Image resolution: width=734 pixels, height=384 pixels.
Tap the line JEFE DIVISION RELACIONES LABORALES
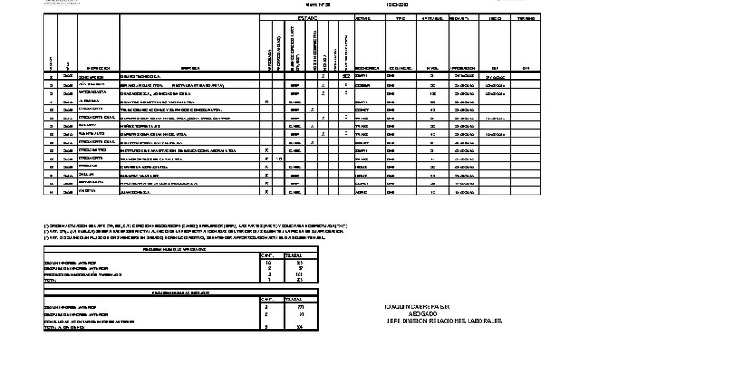point(444,321)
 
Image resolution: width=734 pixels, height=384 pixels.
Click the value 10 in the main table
point(280,158)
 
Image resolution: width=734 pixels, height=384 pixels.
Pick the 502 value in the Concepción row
point(346,76)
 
